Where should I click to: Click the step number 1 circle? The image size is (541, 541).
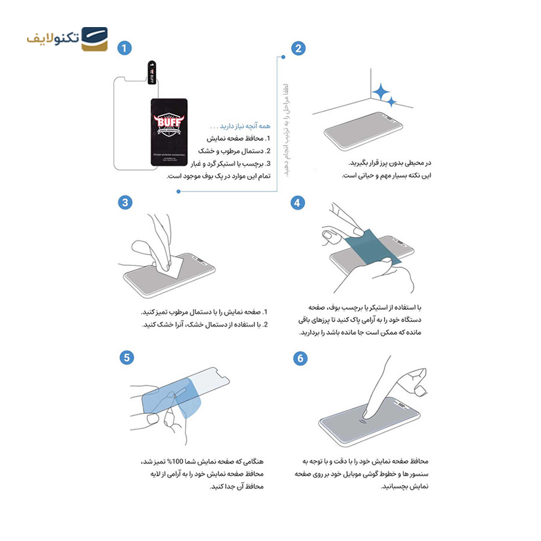pos(124,48)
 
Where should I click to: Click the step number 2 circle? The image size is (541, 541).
pos(298,48)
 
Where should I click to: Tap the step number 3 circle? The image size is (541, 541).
pos(124,202)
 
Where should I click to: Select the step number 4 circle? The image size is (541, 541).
pos(298,202)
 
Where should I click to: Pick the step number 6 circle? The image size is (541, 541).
pos(300,358)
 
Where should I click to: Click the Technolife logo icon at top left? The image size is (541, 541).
pos(94,40)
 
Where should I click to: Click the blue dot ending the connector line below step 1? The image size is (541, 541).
pos(178,191)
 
